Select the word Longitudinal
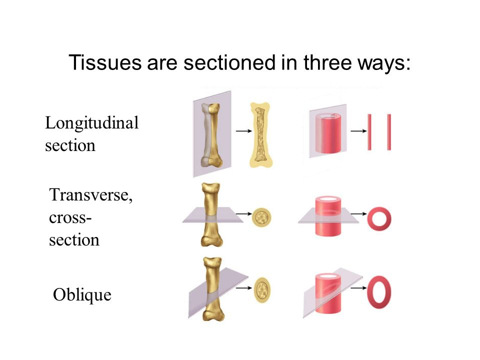[92, 123]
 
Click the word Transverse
[91, 194]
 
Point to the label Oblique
[82, 295]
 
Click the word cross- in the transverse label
[70, 217]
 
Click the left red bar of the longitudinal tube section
[369, 132]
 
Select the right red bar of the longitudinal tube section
[389, 132]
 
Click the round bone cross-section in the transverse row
[261, 217]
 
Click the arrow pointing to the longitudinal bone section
[243, 131]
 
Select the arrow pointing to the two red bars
[358, 131]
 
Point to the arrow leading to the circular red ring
[358, 213]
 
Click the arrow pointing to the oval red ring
[358, 288]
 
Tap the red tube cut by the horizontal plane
[328, 216]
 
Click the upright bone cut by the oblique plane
[213, 289]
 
